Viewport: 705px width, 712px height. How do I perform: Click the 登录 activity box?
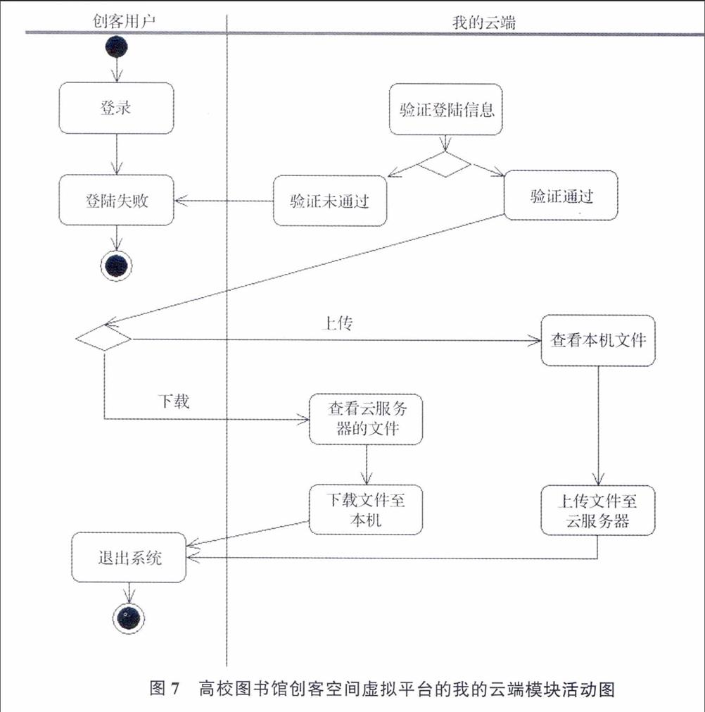[116, 108]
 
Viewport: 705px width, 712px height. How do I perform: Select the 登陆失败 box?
[116, 200]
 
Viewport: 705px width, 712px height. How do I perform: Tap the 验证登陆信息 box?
[445, 109]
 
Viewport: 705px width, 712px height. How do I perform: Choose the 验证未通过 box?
[330, 201]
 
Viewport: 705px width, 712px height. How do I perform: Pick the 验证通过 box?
[561, 195]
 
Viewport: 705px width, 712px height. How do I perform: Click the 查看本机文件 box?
[598, 341]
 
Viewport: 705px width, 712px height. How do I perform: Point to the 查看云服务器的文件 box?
[366, 418]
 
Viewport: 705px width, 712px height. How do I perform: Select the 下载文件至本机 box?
[366, 509]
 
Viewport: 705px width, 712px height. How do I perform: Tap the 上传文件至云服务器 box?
[598, 511]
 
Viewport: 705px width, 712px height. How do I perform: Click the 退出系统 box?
[129, 557]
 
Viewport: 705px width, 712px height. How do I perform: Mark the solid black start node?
[116, 46]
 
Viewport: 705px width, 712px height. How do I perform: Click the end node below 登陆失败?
[116, 266]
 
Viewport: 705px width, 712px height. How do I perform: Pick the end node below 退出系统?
[129, 618]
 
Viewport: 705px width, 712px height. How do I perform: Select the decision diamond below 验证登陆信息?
[445, 164]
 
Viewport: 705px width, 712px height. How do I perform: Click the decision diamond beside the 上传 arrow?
[104, 338]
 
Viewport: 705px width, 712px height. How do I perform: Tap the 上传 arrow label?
[337, 323]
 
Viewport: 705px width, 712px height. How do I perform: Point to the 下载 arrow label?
[174, 401]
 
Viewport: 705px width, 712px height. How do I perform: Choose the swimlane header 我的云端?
[484, 23]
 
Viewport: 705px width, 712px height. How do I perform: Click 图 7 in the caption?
[165, 688]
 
